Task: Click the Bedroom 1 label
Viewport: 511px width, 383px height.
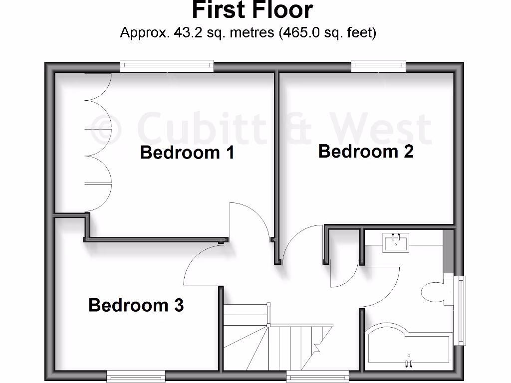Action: (x=187, y=152)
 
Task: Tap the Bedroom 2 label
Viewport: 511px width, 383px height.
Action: (x=366, y=151)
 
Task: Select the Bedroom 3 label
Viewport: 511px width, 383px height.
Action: (x=136, y=305)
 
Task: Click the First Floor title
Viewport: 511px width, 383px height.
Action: (x=253, y=10)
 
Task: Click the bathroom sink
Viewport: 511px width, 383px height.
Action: (x=397, y=243)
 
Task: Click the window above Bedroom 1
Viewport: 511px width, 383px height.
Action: (x=167, y=66)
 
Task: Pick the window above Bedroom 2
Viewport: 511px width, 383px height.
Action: (x=378, y=65)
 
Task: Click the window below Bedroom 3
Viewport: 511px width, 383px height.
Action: (x=136, y=376)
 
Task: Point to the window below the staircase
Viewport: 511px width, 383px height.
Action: (x=310, y=376)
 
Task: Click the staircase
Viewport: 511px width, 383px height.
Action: (x=272, y=334)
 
